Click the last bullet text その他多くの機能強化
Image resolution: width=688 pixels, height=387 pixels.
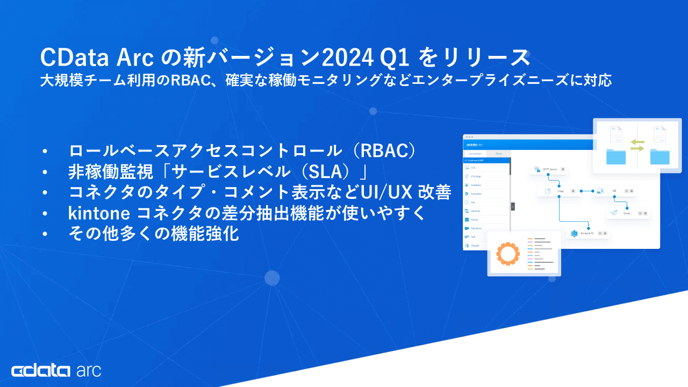point(153,234)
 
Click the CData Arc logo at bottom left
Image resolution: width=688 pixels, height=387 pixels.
point(56,370)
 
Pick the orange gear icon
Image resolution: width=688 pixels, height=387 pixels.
point(507,254)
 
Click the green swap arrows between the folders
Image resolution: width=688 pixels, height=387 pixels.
point(637,145)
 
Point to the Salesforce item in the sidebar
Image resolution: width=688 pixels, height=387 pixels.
point(476,228)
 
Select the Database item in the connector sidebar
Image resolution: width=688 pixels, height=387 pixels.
point(476,185)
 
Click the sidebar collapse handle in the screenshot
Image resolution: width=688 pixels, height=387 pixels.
point(513,206)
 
